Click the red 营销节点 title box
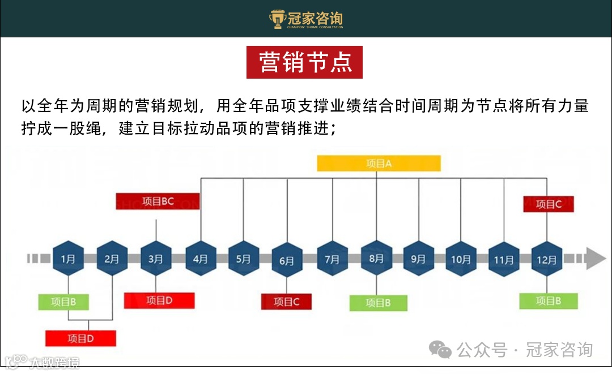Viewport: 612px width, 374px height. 304,62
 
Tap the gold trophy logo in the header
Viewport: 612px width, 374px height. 277,19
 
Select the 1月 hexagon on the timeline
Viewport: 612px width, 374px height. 68,259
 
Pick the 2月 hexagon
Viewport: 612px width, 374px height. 112,259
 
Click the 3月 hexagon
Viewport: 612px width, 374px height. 155,259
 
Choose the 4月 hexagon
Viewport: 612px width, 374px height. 201,259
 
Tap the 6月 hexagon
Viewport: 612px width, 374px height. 287,260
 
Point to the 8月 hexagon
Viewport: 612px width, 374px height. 376,259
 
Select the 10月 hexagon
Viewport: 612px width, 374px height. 461,259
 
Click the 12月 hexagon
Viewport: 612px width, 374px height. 547,259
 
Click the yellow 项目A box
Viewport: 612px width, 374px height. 379,164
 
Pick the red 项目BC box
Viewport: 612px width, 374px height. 158,201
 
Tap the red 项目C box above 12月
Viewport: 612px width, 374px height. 549,204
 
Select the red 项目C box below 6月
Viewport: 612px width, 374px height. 287,302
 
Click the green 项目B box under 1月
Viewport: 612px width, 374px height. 64,302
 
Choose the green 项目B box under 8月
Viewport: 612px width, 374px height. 378,303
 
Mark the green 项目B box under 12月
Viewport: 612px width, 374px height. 549,301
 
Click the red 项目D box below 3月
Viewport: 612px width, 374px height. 159,300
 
